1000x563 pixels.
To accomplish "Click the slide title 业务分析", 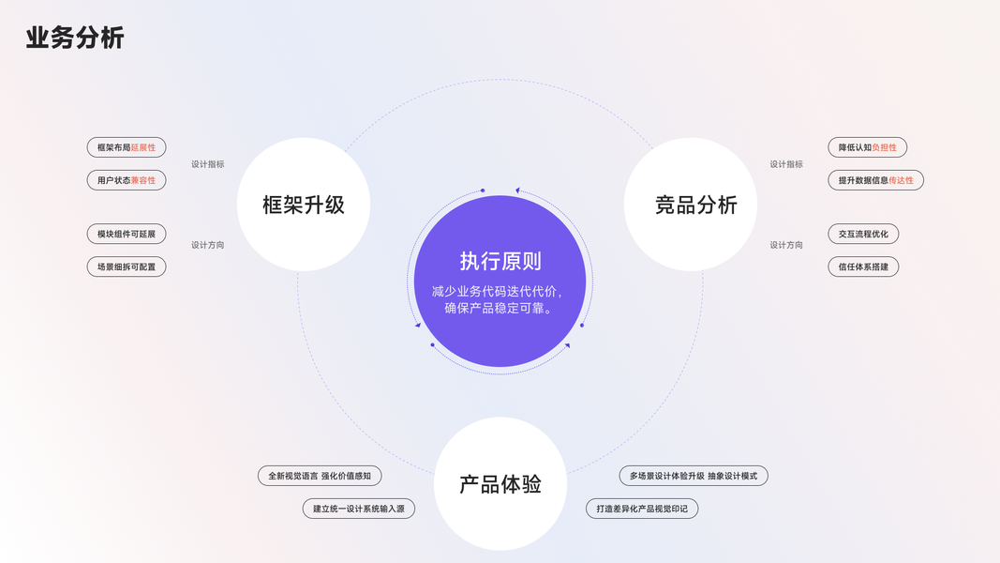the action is point(75,38).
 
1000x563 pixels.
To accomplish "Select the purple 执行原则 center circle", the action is point(500,281).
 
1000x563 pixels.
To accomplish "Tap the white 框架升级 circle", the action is point(304,205).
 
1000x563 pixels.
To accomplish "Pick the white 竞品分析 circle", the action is point(691,205).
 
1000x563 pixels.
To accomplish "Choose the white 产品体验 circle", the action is point(500,483).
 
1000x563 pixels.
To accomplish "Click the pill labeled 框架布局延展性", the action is point(127,147).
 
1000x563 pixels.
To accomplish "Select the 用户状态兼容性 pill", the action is point(127,180).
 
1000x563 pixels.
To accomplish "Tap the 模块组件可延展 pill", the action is point(127,234).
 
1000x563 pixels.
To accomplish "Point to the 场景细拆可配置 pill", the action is point(127,266).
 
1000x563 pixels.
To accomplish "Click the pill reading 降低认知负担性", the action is point(867,147).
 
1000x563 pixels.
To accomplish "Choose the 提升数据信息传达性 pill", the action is point(875,180).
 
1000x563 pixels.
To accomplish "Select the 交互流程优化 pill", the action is point(863,234).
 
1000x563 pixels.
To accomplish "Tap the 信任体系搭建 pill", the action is point(863,266).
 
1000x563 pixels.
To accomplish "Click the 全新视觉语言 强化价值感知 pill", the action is point(320,476).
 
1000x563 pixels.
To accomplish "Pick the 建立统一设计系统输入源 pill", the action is point(359,509).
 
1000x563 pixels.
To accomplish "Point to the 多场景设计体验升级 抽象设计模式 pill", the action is point(694,476).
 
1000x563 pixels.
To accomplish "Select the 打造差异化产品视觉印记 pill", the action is point(642,509).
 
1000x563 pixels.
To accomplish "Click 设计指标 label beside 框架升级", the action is point(208,164).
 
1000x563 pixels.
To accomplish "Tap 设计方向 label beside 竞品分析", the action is point(786,245).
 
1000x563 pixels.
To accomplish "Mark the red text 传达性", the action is point(901,180).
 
